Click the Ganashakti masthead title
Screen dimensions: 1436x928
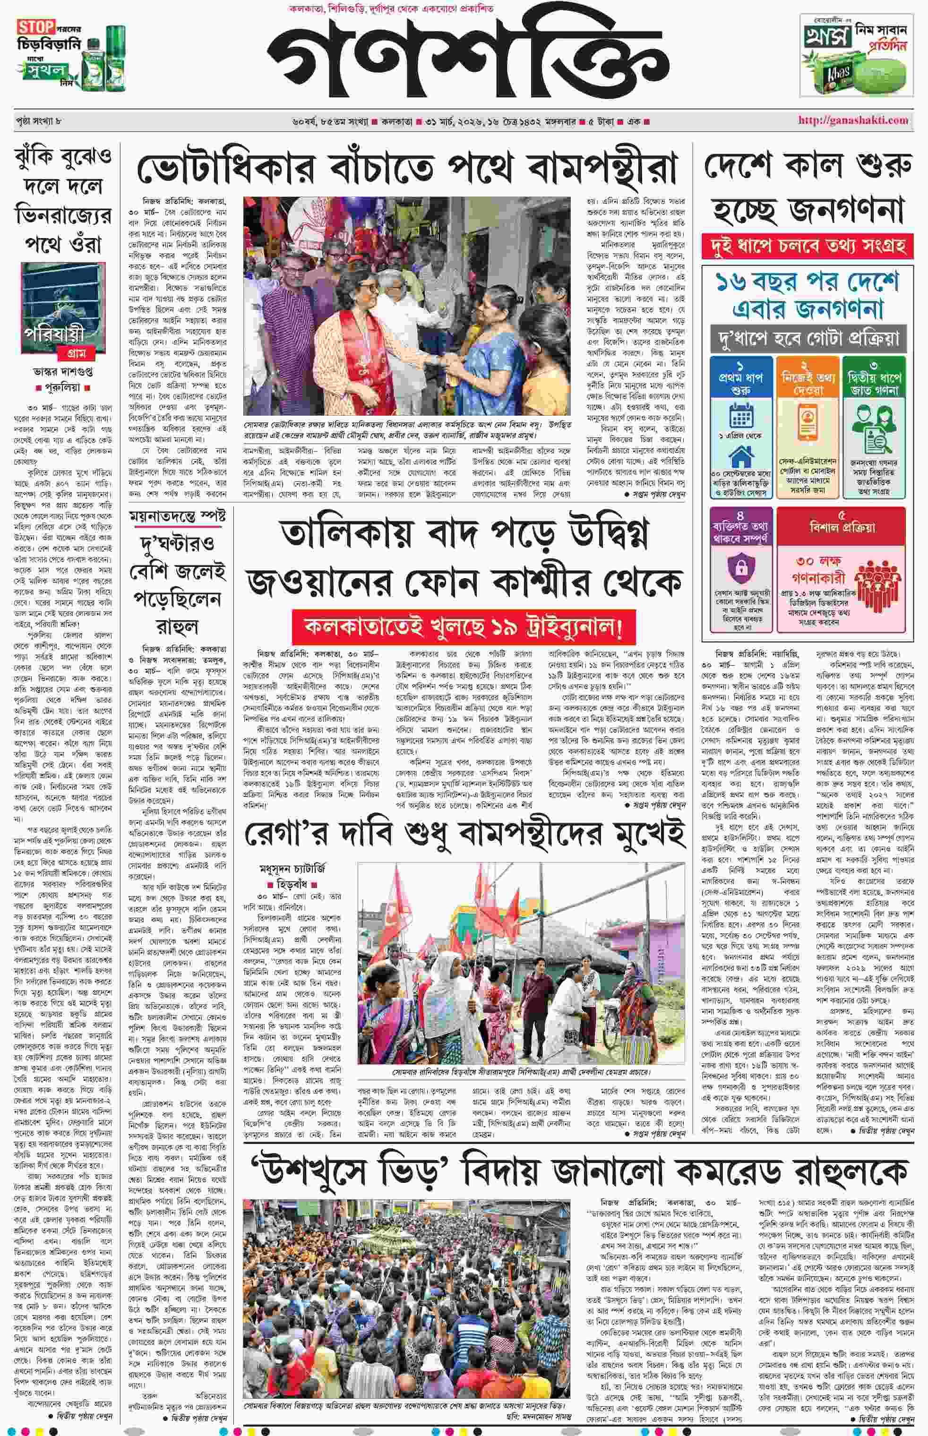(468, 59)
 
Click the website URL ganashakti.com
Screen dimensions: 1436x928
(853, 120)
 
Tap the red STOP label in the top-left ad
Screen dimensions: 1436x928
(35, 27)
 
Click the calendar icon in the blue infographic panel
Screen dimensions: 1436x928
(740, 416)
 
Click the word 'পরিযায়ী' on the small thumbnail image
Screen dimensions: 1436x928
(54, 333)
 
